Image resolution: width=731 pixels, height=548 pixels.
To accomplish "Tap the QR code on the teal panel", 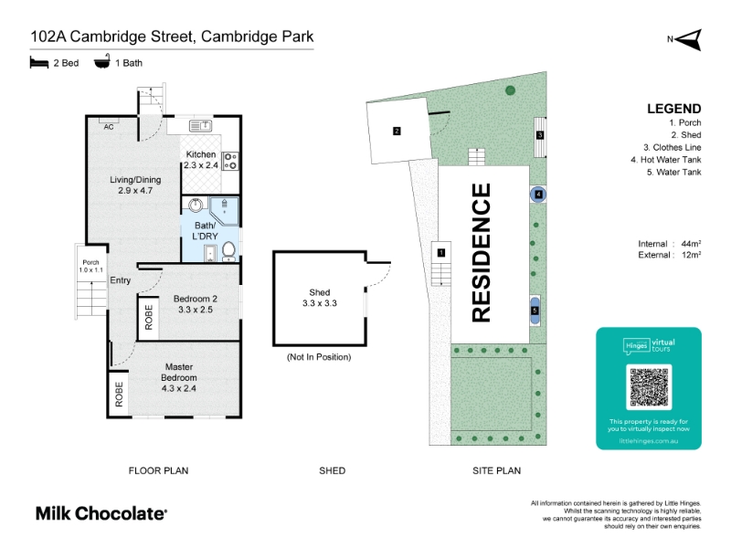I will (649, 388).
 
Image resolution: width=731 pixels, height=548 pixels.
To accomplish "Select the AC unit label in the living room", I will (108, 126).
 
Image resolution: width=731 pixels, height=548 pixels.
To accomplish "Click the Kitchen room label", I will (201, 154).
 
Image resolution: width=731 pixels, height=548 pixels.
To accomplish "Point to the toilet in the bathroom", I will (228, 250).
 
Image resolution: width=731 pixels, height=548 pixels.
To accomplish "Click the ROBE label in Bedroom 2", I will (148, 317).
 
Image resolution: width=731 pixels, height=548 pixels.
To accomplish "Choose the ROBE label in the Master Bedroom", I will (119, 394).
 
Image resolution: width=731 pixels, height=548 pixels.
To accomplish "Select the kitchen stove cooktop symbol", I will (230, 161).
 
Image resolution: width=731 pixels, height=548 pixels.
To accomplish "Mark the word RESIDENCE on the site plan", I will (482, 253).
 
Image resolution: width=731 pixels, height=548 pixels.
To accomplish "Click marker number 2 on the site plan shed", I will (397, 131).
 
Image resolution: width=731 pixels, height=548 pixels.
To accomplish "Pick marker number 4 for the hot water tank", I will (538, 195).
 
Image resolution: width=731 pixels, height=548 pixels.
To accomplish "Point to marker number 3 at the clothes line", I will (540, 135).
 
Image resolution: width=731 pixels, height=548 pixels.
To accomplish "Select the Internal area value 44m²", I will (692, 243).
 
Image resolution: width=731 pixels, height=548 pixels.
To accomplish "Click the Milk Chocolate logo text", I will (101, 513).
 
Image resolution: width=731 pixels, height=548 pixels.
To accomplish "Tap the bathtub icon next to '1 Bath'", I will (102, 62).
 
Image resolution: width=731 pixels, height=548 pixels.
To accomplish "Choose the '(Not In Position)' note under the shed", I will (319, 356).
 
